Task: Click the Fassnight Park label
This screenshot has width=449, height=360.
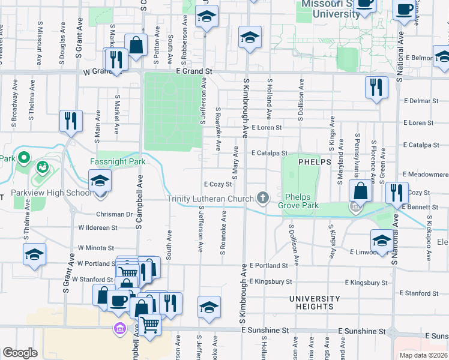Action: click(118, 161)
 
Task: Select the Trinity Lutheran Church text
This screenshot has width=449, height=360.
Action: click(210, 199)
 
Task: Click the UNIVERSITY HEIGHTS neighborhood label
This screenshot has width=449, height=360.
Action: click(315, 302)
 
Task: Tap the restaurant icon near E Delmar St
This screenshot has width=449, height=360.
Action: click(376, 87)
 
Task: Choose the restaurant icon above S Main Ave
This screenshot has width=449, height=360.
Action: click(71, 121)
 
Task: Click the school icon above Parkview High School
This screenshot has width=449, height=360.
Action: click(100, 179)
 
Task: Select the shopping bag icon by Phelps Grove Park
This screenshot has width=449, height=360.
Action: click(360, 191)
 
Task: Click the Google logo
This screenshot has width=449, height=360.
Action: click(20, 353)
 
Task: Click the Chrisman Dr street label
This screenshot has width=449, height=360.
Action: click(114, 214)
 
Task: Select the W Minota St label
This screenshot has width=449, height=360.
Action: click(96, 248)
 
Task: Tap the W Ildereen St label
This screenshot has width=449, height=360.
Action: click(97, 228)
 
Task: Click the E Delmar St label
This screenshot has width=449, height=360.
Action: click(420, 101)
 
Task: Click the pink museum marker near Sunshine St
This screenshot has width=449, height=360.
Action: click(119, 328)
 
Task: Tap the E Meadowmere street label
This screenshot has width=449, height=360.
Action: click(426, 174)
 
